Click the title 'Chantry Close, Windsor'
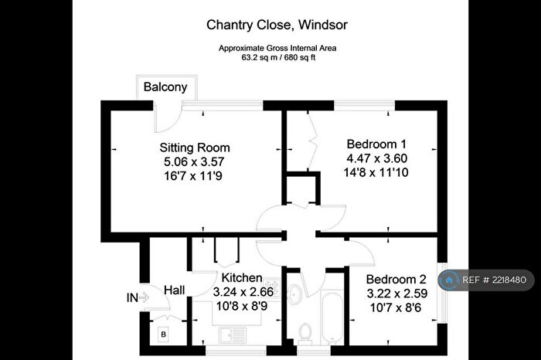click(x=277, y=25)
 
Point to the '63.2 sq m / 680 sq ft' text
click(x=277, y=56)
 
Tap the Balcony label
click(x=165, y=87)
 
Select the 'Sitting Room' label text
click(x=195, y=147)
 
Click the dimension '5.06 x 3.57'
click(x=195, y=161)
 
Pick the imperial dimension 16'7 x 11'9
click(x=195, y=176)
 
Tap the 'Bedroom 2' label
click(x=396, y=279)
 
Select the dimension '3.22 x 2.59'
click(x=396, y=294)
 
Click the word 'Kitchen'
click(x=242, y=277)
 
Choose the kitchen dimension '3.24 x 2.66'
click(x=242, y=291)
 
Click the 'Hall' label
click(x=174, y=290)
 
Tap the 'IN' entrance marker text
click(x=132, y=297)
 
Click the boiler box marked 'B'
click(x=163, y=334)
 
